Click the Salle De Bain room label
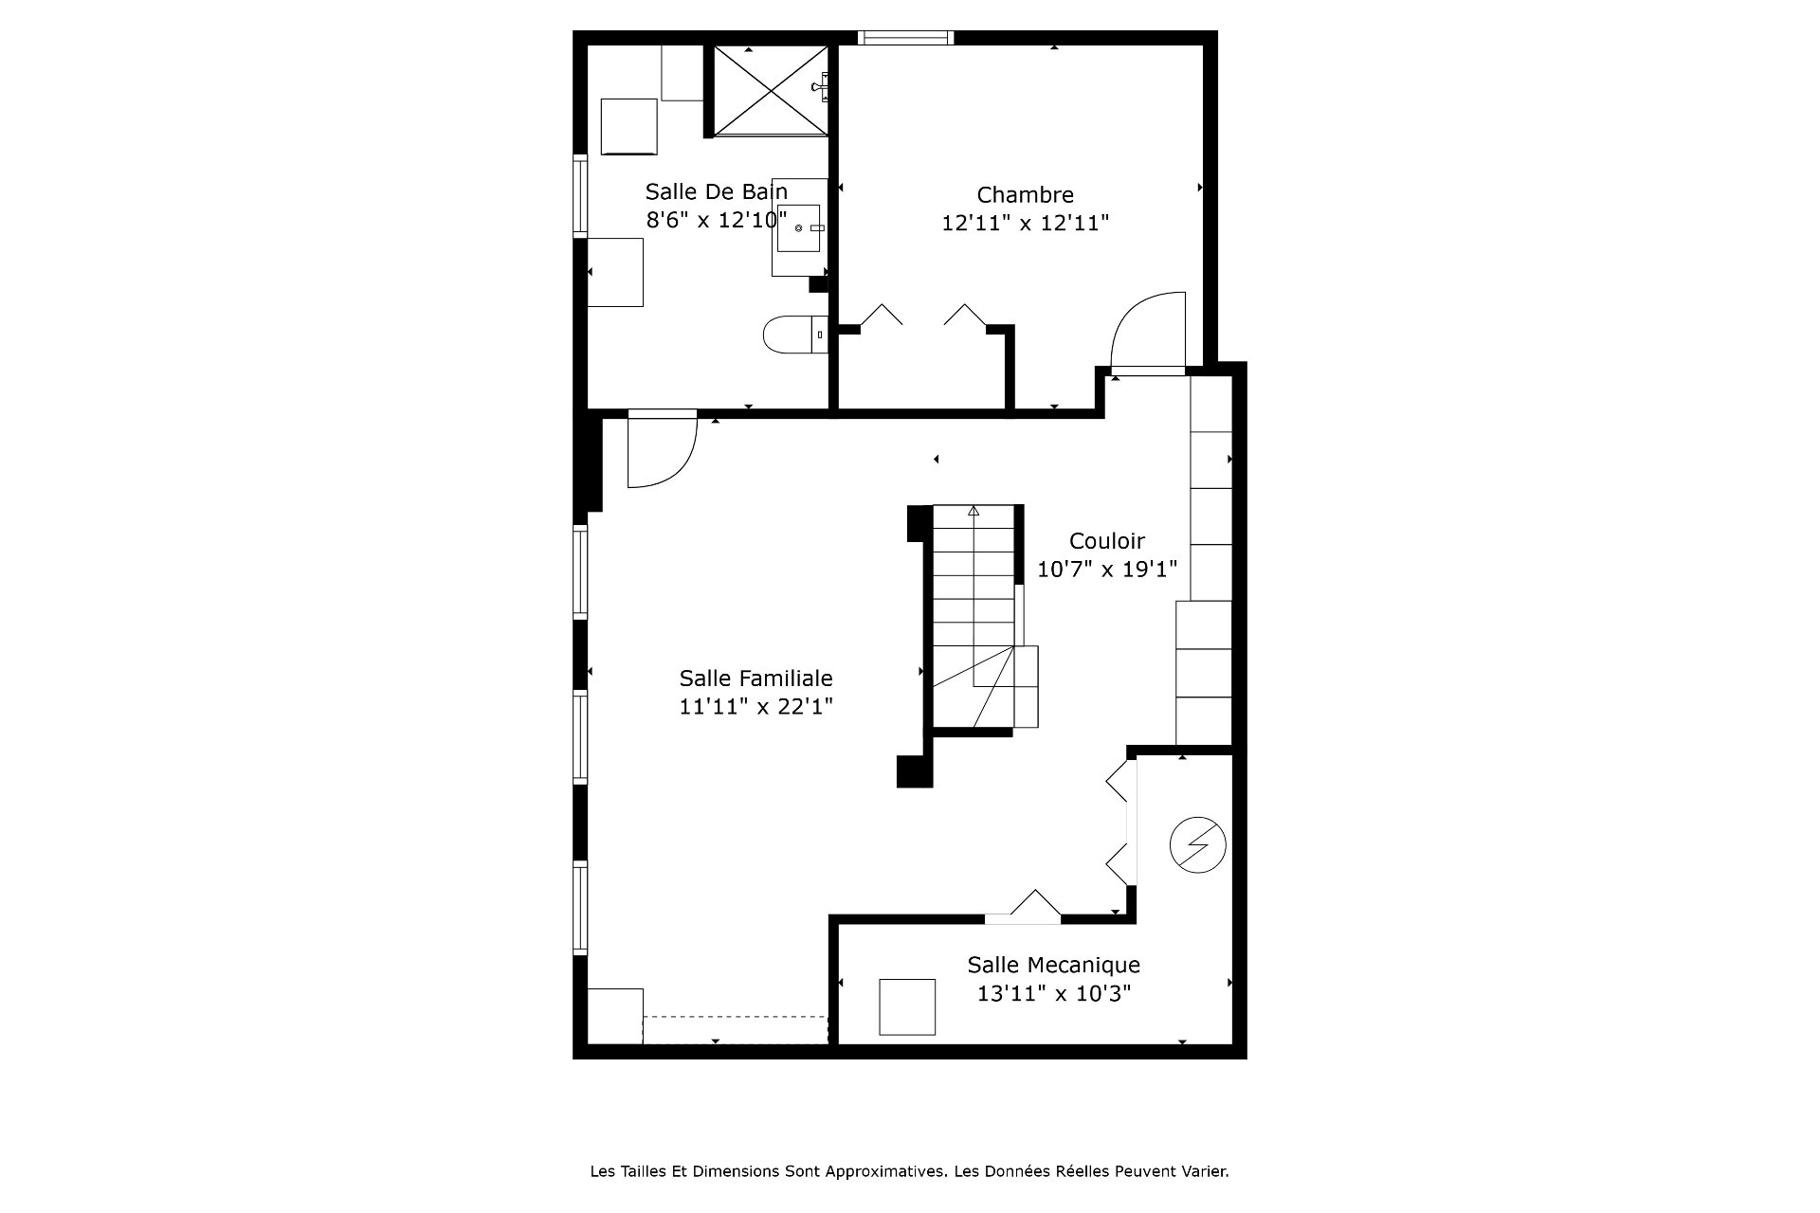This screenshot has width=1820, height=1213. point(717,191)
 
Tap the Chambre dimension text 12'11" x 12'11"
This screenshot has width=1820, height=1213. point(1025,223)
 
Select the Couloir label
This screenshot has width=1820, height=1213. point(1107,541)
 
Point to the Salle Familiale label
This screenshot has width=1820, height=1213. point(755,679)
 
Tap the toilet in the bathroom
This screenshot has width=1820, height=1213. point(794,334)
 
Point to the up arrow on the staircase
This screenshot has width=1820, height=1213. point(974,511)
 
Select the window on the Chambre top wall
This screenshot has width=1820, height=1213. point(905,38)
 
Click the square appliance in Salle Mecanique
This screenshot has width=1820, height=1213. point(907,1006)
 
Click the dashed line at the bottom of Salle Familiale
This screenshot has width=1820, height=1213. point(736,1017)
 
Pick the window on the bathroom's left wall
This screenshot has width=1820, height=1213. point(580,194)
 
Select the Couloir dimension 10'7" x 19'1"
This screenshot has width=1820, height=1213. point(1107,570)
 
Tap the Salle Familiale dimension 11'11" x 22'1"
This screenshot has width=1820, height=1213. point(755,707)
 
